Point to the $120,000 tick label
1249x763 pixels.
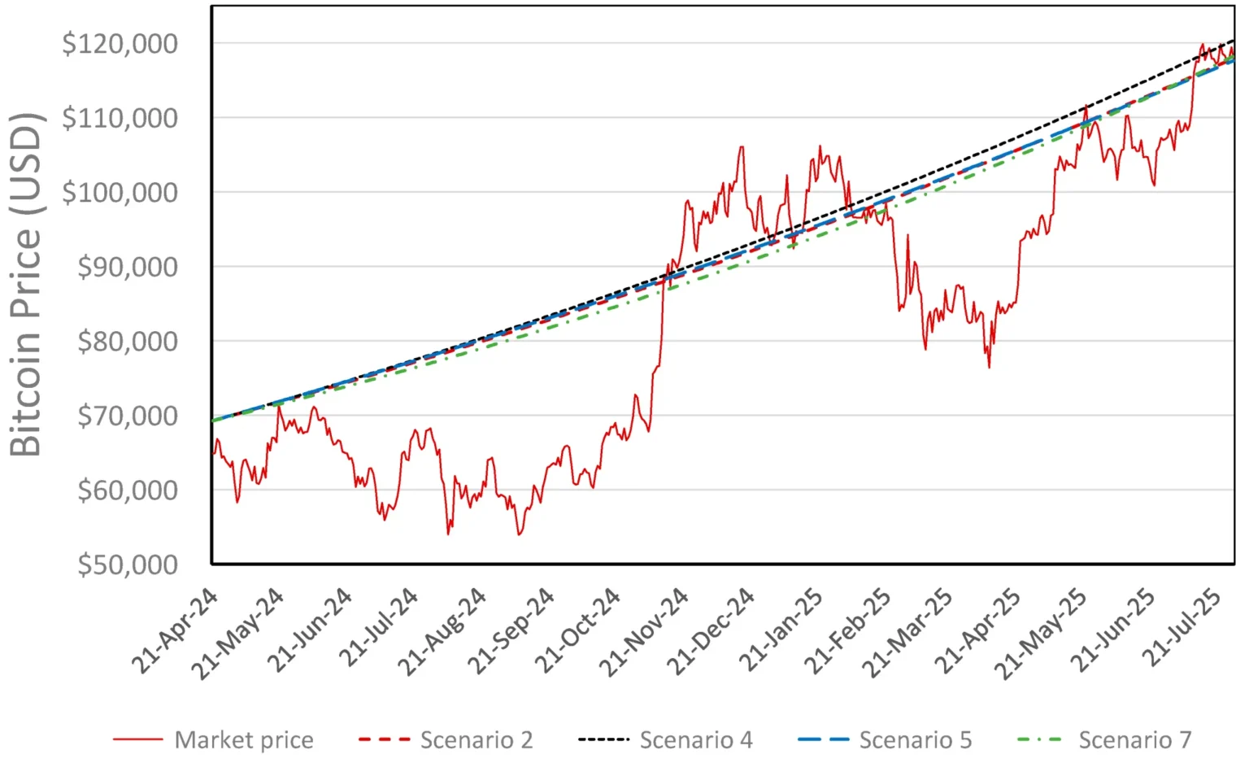(120, 43)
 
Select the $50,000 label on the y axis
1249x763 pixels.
(127, 564)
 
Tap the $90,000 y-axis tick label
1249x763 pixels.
(127, 267)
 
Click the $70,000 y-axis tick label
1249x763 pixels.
(127, 416)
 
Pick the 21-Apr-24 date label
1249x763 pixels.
(175, 630)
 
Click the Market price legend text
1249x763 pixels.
(244, 740)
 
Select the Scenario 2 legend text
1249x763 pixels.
(477, 740)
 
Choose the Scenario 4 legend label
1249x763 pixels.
(696, 740)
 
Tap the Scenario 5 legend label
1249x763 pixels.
(916, 740)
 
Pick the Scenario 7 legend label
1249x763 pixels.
(1135, 740)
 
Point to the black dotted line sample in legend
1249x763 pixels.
(603, 739)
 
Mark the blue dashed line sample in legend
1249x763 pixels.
(823, 739)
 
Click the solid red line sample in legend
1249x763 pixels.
(137, 739)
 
